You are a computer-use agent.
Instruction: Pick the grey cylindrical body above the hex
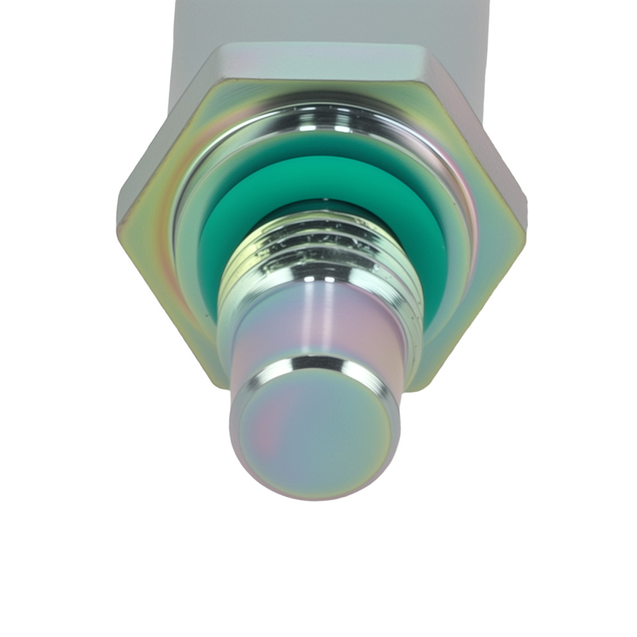click(x=318, y=22)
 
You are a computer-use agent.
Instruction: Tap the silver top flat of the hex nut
click(x=318, y=61)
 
